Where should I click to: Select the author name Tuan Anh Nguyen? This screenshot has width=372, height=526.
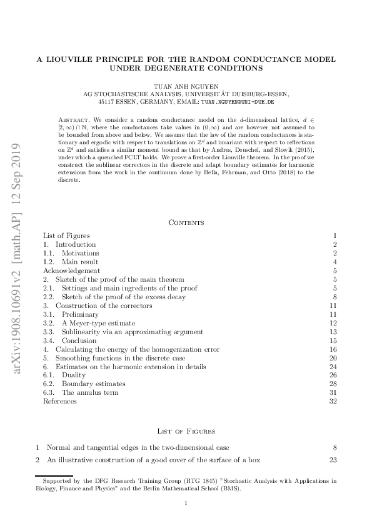point(186,84)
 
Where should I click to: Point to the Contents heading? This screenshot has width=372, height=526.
point(186,222)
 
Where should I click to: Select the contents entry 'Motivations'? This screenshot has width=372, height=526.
point(80,253)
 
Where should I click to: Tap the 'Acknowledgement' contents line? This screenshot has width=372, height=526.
point(71,270)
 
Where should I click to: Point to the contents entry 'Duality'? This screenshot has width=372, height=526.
point(74,375)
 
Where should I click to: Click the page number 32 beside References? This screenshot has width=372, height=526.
point(333,401)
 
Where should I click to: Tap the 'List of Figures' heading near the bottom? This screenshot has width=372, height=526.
point(186,431)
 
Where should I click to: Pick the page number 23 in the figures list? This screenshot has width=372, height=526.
point(333,460)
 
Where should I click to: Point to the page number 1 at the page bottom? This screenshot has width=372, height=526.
point(186,502)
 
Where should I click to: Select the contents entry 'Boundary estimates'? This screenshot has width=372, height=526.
point(93,384)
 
